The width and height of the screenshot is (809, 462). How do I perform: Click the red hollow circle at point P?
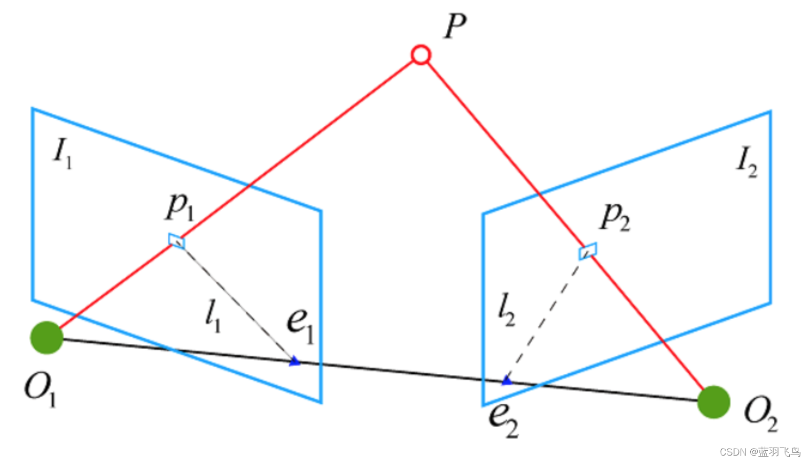coord(421,55)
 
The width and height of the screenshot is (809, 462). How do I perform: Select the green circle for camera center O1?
coord(47,337)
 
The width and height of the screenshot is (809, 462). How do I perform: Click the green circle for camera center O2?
coord(714,402)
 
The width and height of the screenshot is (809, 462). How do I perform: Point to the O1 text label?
coord(40,389)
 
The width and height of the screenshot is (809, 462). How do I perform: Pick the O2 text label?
coord(760,414)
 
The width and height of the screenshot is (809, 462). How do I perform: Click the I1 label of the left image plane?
coord(63,152)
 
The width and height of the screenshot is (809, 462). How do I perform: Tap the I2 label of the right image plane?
coord(746,161)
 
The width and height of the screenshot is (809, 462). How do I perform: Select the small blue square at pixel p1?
coord(177,241)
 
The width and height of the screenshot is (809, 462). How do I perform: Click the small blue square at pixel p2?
coord(587,251)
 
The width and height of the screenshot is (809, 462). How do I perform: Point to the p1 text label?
coord(180,206)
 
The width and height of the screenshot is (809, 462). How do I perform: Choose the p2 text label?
coord(615,217)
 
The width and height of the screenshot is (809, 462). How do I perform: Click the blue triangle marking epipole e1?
coord(294,362)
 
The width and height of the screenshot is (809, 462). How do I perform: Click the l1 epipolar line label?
coord(213,315)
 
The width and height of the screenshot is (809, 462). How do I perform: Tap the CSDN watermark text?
coord(760,452)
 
